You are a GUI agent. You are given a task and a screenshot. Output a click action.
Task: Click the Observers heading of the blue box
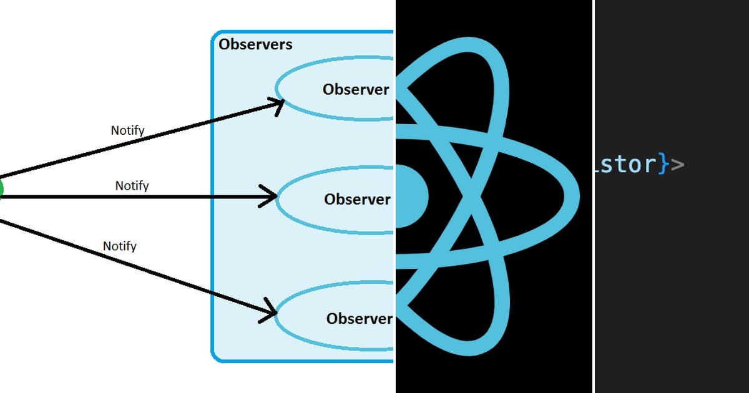click(x=255, y=44)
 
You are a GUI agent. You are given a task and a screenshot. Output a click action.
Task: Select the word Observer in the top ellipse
click(x=356, y=89)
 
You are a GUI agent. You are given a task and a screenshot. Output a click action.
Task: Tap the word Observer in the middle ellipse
click(x=357, y=199)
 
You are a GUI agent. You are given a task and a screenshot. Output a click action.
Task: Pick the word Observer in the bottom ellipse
click(x=359, y=318)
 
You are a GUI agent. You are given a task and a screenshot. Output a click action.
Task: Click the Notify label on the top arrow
click(x=127, y=130)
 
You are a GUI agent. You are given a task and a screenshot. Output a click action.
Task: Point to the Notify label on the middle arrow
click(x=132, y=186)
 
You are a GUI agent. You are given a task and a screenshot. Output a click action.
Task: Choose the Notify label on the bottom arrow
click(x=119, y=246)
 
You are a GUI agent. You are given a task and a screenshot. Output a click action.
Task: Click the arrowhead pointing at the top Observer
click(x=278, y=103)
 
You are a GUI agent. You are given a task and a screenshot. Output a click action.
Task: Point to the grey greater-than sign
click(x=677, y=165)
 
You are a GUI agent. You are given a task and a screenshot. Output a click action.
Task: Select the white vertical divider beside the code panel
click(x=593, y=196)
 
